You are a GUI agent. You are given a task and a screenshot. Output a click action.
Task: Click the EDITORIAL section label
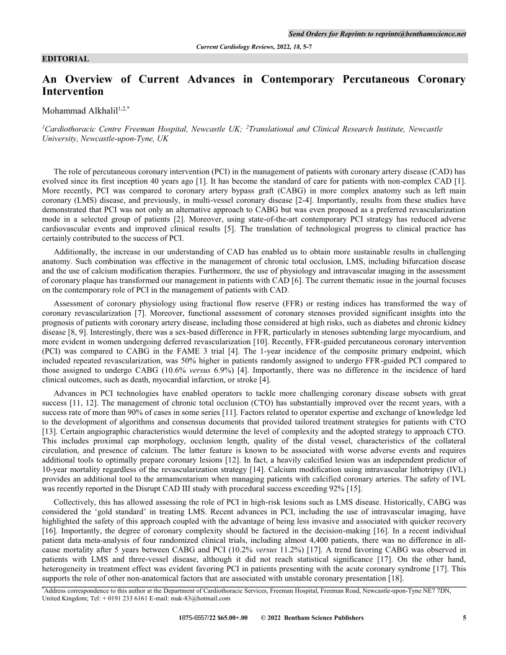(x=65, y=59)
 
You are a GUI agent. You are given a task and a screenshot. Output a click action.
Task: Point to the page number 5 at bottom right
(x=464, y=618)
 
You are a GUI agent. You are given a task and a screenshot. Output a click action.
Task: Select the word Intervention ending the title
(x=73, y=92)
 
